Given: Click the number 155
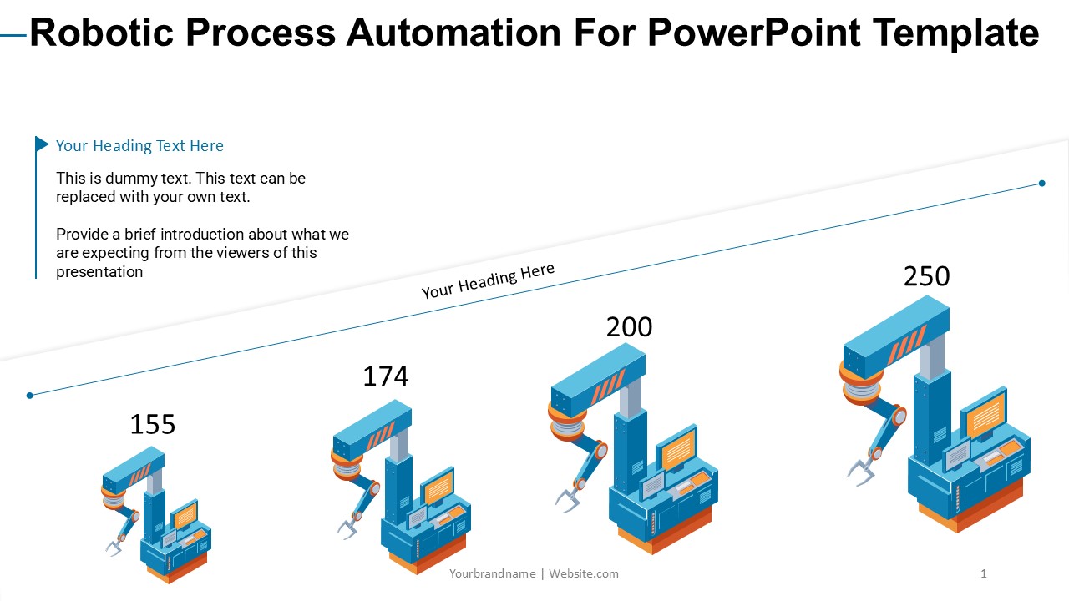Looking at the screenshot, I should [x=153, y=425].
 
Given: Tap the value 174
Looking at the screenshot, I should [x=386, y=376].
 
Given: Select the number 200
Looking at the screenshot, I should [x=629, y=327].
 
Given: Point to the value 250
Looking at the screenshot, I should [x=926, y=276].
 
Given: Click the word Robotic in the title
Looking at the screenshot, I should [x=101, y=33].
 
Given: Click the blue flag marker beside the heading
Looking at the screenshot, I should [x=42, y=144].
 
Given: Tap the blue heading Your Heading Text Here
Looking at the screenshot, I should [x=139, y=146].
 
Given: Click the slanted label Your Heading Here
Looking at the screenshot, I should [x=488, y=280].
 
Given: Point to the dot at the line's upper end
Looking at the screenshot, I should [x=1042, y=184].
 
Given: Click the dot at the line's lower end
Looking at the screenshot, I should [x=30, y=396].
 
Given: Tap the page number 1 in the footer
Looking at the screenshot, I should [x=984, y=573].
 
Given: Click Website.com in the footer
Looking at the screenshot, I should [x=584, y=573].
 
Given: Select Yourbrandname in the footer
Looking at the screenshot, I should [x=493, y=573].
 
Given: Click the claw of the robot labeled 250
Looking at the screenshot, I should [x=861, y=472].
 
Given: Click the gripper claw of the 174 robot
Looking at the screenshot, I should [x=347, y=528].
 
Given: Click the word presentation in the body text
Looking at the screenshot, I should [x=99, y=272].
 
